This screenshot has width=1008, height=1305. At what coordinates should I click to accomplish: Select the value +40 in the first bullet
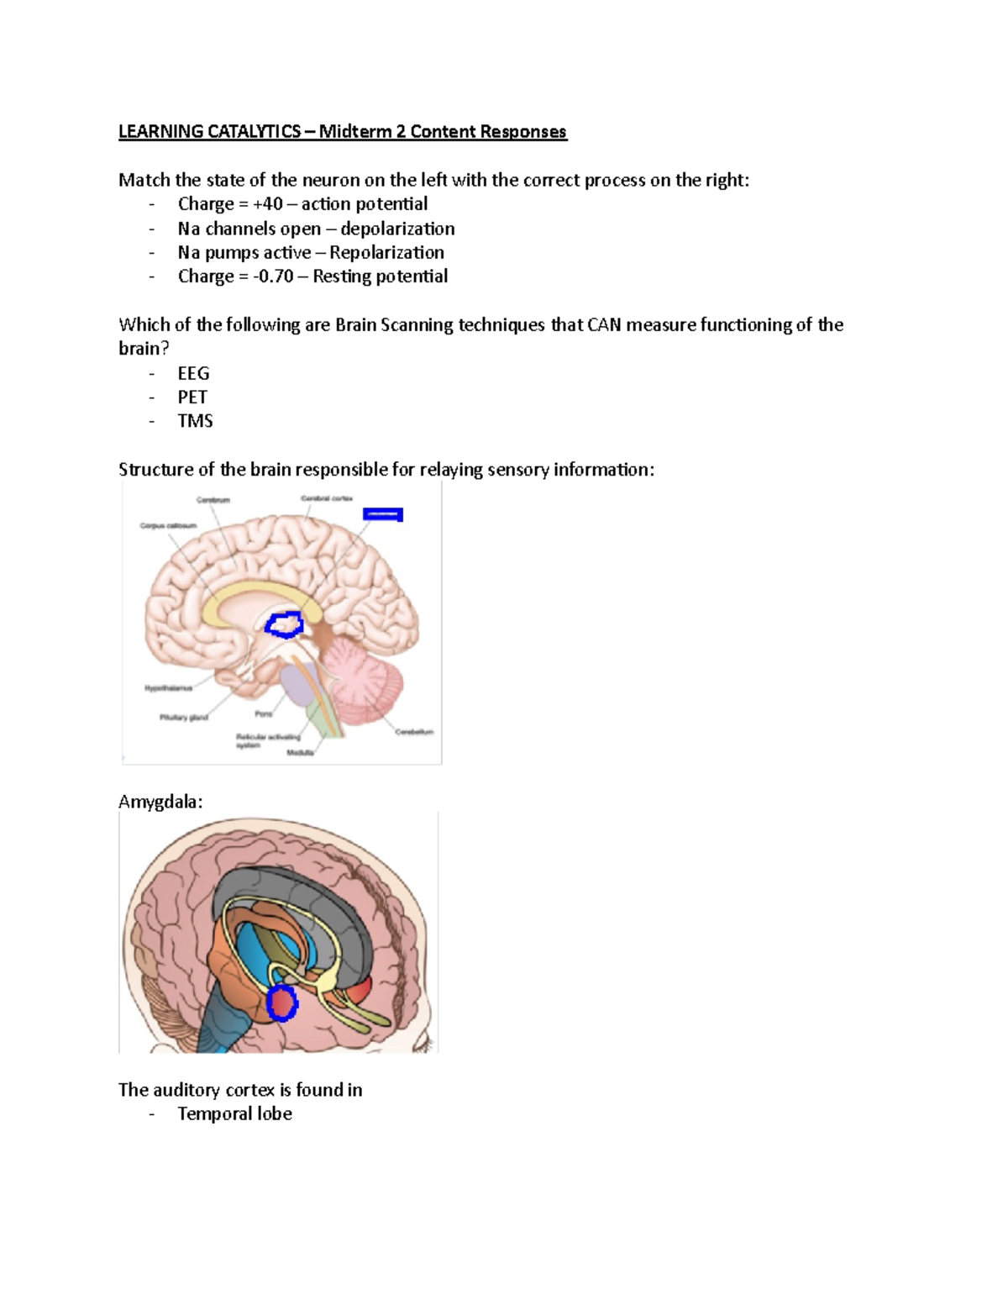click(268, 204)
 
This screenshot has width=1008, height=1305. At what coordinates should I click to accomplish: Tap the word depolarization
click(397, 229)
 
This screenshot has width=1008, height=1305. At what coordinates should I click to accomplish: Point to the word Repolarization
click(386, 252)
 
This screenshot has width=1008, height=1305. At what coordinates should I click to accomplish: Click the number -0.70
click(273, 276)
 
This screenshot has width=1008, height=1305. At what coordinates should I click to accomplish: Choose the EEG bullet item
click(193, 373)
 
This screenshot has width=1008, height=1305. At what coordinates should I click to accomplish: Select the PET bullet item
click(192, 397)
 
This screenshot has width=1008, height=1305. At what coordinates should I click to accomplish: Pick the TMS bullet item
click(195, 421)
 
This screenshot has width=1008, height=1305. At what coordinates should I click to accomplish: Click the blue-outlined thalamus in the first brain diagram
click(285, 624)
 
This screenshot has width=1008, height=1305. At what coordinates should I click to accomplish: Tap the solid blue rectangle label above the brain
click(383, 513)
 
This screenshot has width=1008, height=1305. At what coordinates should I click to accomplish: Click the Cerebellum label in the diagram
click(414, 732)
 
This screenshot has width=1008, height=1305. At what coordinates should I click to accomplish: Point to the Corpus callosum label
click(168, 526)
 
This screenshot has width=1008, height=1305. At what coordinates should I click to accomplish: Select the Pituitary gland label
click(184, 718)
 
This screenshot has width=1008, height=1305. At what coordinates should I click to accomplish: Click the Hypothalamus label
click(169, 688)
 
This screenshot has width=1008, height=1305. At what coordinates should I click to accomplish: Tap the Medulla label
click(300, 753)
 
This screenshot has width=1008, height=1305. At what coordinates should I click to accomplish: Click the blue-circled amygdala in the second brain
click(283, 1003)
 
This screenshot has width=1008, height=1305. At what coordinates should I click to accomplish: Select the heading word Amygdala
click(160, 802)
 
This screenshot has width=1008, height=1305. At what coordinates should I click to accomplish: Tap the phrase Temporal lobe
click(234, 1114)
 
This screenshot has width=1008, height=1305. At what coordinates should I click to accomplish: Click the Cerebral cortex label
click(327, 498)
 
